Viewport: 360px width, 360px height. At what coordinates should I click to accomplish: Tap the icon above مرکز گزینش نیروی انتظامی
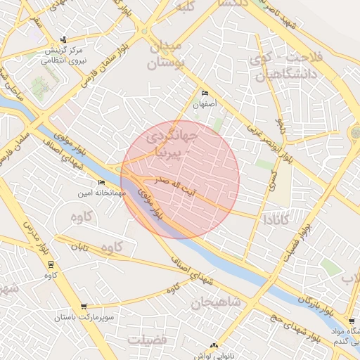(x=64, y=39)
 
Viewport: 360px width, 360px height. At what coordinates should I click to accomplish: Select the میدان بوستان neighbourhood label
(x=165, y=55)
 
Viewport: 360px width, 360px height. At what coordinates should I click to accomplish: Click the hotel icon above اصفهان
(x=205, y=94)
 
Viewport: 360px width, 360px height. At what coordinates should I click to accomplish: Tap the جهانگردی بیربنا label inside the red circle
(x=175, y=143)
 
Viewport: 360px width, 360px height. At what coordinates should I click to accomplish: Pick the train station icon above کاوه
(x=50, y=264)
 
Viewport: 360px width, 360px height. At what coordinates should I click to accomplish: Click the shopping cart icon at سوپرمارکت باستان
(x=84, y=307)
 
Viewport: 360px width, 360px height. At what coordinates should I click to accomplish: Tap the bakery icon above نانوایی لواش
(x=214, y=345)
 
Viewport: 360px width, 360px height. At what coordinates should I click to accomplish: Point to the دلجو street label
(x=280, y=126)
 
